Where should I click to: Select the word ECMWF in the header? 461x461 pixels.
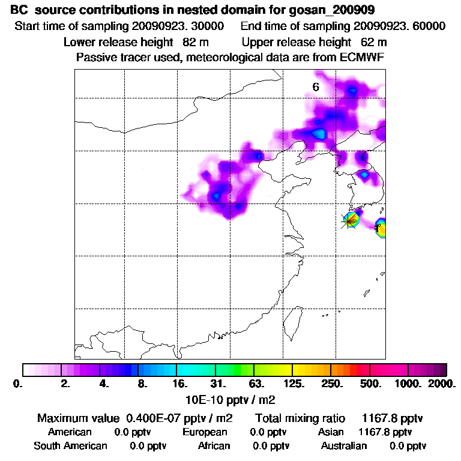coord(363,57)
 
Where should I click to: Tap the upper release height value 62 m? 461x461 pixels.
coord(373,42)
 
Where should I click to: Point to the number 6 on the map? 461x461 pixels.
coord(315,87)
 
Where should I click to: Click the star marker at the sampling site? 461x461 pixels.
coord(349,220)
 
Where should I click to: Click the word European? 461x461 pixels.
coord(205,432)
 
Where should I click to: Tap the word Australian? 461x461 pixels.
coord(344,446)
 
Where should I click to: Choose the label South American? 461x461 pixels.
coord(70,446)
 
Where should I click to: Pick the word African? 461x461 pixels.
coord(214,446)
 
